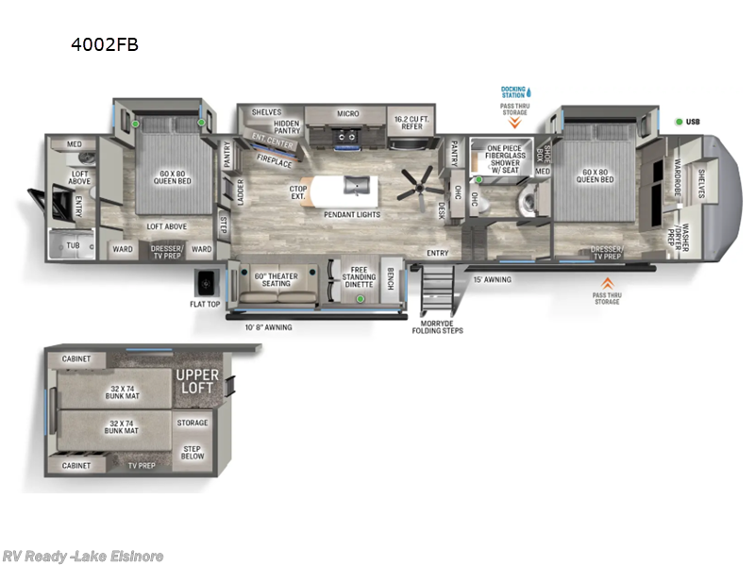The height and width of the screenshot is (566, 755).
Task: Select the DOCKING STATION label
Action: [513, 92]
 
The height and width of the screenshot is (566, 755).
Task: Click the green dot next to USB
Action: [679, 122]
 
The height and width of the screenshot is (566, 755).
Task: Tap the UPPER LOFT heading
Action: [197, 382]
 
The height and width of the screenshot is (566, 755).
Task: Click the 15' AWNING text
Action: [491, 278]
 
